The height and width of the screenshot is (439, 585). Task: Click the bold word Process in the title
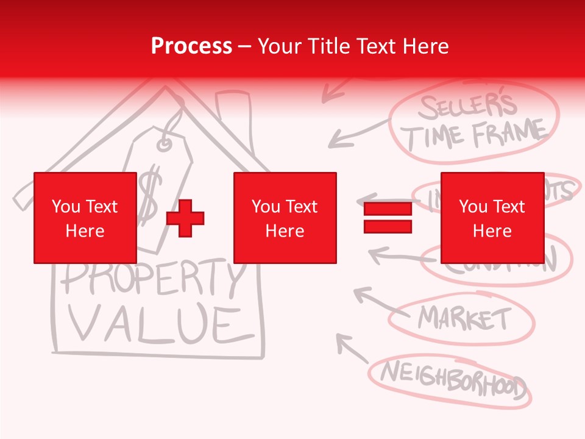(x=191, y=46)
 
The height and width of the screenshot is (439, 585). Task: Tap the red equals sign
(x=388, y=218)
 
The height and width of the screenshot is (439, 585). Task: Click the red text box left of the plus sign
(x=85, y=218)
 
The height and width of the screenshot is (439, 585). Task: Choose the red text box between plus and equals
(x=285, y=218)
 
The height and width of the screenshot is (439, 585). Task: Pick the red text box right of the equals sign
(x=492, y=218)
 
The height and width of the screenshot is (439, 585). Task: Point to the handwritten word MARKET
(x=464, y=318)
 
